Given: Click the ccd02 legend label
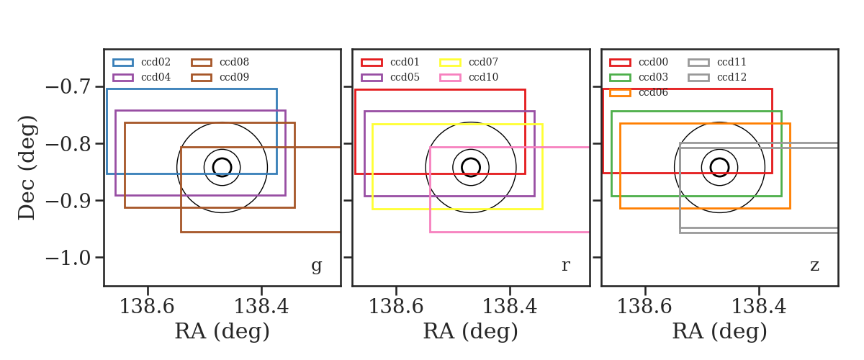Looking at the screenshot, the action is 156,62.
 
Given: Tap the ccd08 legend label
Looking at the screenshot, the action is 234,62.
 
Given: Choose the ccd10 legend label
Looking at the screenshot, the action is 483,77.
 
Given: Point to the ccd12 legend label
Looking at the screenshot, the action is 732,77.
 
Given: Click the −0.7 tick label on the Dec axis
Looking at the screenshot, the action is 69,87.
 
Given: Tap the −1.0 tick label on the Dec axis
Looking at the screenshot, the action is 69,258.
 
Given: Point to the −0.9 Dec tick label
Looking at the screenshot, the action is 69,201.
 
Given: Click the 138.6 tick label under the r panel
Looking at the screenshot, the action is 396,307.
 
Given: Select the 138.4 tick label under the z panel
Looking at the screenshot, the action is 759,307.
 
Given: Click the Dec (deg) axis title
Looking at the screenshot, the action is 27,168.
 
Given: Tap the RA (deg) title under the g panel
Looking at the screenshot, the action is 222,332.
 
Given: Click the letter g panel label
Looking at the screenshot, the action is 316,266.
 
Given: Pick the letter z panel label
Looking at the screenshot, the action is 814,266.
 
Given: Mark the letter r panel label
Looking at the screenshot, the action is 565,266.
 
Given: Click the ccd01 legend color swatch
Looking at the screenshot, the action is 372,63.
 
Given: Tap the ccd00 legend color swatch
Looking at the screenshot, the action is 620,63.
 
